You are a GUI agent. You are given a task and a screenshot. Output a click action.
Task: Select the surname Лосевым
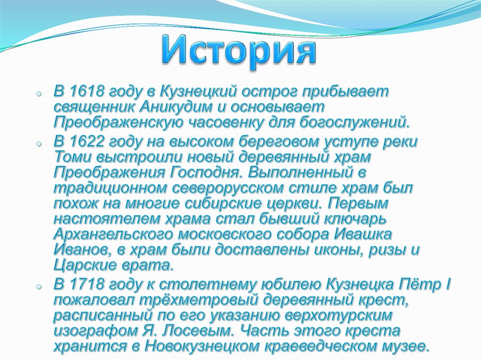(x=194, y=331)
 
